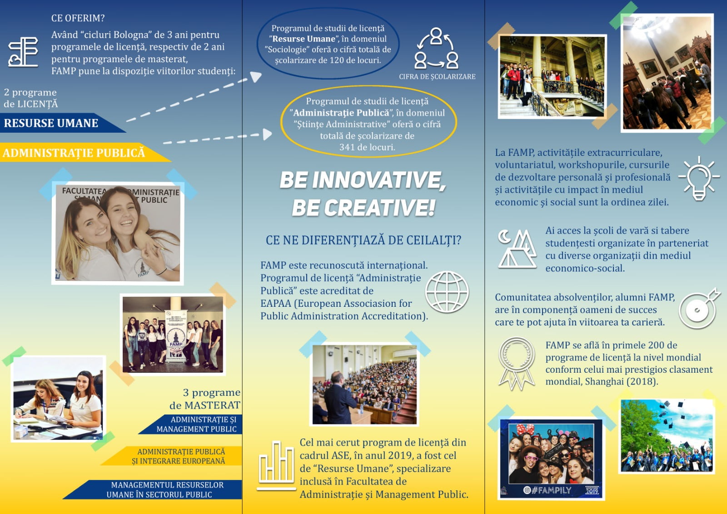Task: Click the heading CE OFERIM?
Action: tap(78, 18)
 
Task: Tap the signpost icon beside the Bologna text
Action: tap(23, 52)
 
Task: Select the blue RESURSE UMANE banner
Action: tap(62, 123)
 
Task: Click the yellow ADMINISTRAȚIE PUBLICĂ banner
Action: tap(85, 152)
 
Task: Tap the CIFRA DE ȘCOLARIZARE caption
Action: tap(437, 77)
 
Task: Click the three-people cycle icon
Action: tap(436, 48)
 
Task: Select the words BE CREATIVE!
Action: tap(363, 208)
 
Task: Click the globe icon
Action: tap(447, 292)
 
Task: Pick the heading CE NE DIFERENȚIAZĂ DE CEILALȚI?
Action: tap(363, 240)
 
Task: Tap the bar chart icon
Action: tap(276, 465)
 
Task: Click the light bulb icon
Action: tap(699, 178)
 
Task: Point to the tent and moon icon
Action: tap(517, 249)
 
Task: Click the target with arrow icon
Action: tap(699, 309)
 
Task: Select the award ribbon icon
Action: tap(516, 364)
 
